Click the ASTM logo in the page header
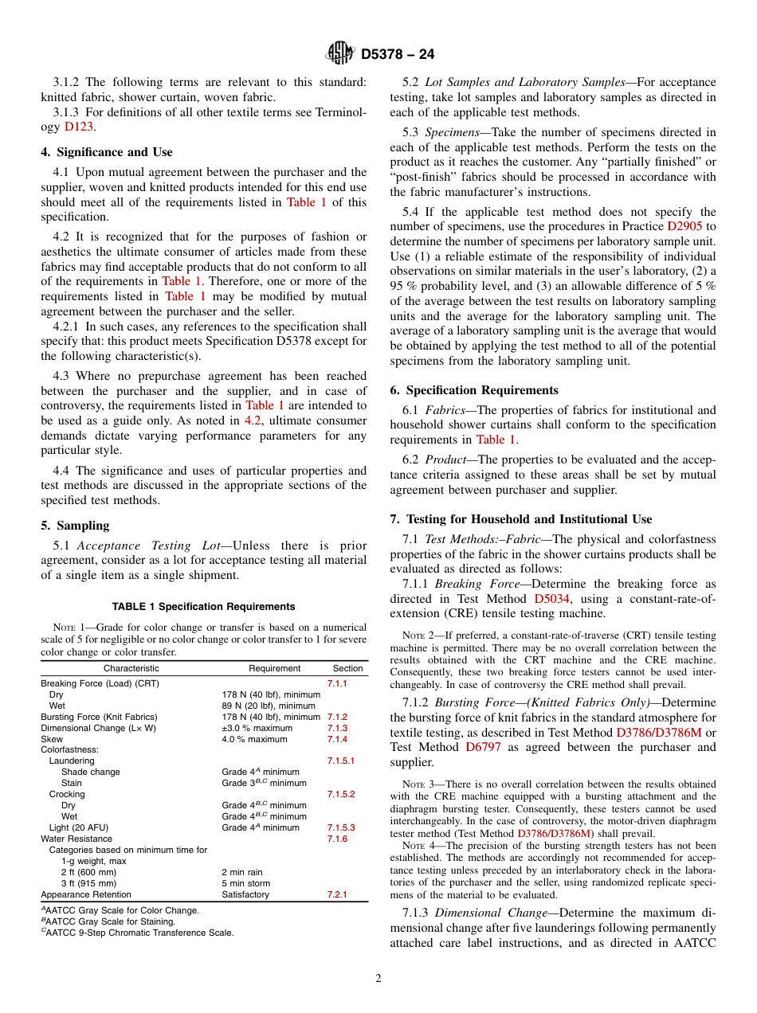point(340,55)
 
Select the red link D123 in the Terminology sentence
point(78,127)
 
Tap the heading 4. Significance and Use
point(107,152)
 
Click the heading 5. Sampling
point(75,526)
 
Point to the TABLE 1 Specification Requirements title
point(203,607)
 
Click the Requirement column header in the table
point(274,668)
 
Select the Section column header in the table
point(347,668)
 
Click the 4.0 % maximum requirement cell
point(254,739)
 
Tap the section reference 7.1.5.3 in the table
point(340,827)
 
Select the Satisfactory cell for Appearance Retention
point(245,894)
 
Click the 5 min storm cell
point(245,883)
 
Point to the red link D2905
point(684,227)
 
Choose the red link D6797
point(484,747)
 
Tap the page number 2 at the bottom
point(378,979)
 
